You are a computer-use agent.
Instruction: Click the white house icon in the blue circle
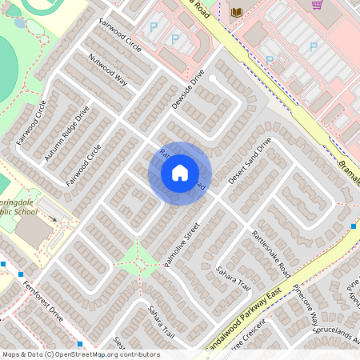tap(180, 173)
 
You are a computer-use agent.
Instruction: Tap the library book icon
tap(236, 11)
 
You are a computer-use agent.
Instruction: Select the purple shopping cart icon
tap(318, 4)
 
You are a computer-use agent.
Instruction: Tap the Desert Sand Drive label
tap(250, 160)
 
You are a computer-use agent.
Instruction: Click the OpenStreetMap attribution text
tap(80, 354)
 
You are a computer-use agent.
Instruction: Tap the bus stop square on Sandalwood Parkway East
tap(353, 226)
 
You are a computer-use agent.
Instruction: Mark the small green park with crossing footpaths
tap(138, 258)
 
